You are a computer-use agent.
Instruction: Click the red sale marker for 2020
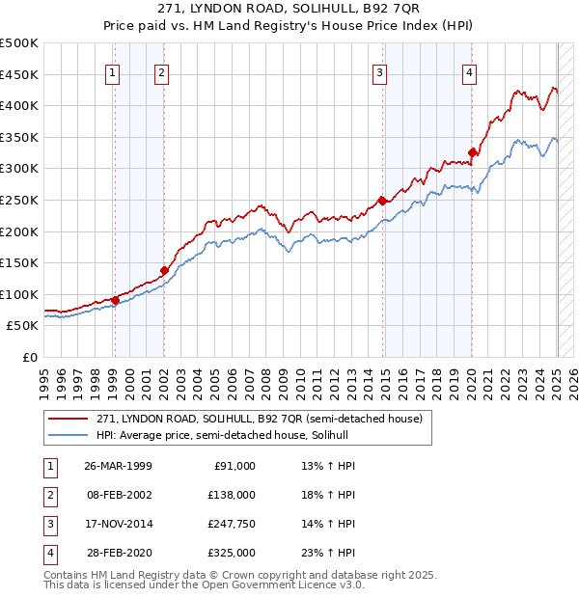(472, 152)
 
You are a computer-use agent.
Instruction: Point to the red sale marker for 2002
(164, 270)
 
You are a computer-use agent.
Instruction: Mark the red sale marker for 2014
(382, 201)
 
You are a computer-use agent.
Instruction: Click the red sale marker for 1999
(115, 300)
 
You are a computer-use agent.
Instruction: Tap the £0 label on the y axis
(29, 357)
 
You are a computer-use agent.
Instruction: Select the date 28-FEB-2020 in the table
(118, 553)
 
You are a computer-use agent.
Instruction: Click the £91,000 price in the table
(233, 466)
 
